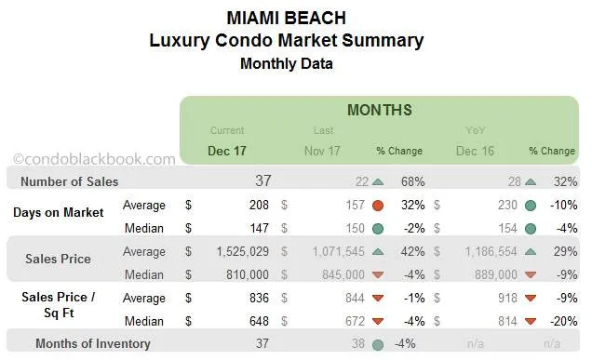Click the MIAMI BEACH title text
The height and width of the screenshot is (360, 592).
point(286,18)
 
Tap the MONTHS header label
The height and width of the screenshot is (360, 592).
point(379,110)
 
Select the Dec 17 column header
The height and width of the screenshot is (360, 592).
point(227,150)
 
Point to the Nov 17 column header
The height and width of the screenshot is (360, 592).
point(324,150)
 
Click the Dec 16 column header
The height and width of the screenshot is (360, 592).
point(476,150)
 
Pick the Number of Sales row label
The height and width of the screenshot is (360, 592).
point(70,181)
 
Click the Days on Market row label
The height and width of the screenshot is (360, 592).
point(59,212)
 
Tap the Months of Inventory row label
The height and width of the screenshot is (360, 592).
point(93,343)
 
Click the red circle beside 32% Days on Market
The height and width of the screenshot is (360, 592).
point(378,205)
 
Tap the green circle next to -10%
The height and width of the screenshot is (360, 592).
point(530,205)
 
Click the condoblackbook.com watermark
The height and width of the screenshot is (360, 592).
point(93,159)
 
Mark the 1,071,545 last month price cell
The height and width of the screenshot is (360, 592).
point(332,251)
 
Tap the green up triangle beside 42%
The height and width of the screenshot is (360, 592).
point(378,251)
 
